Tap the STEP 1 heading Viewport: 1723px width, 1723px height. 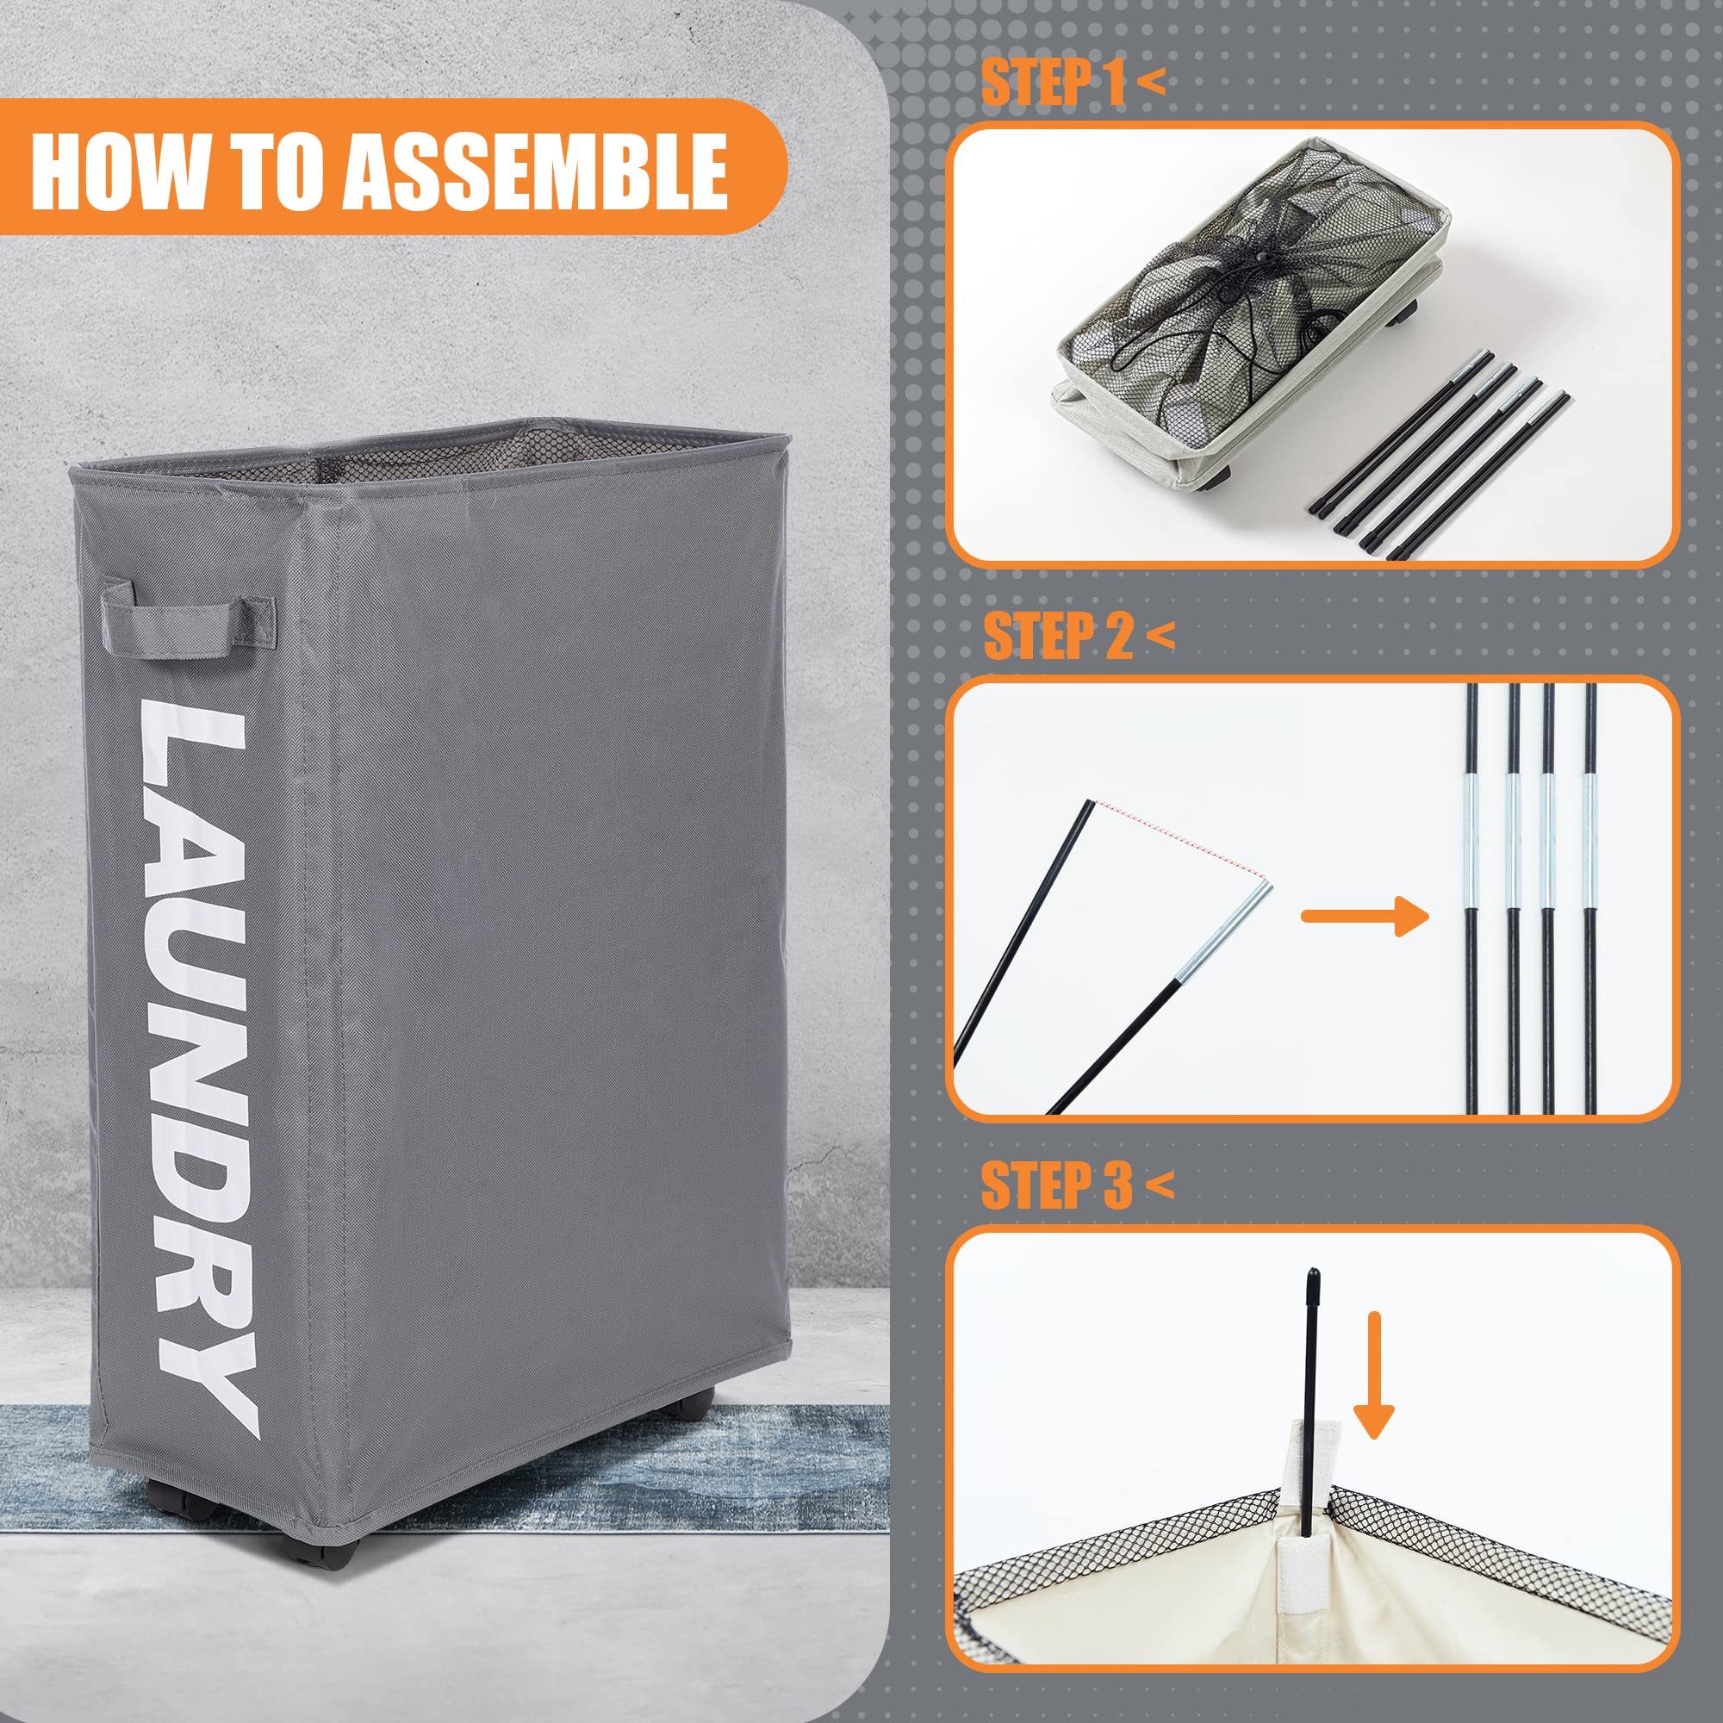(1072, 82)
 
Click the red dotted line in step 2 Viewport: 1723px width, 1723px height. (1181, 842)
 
